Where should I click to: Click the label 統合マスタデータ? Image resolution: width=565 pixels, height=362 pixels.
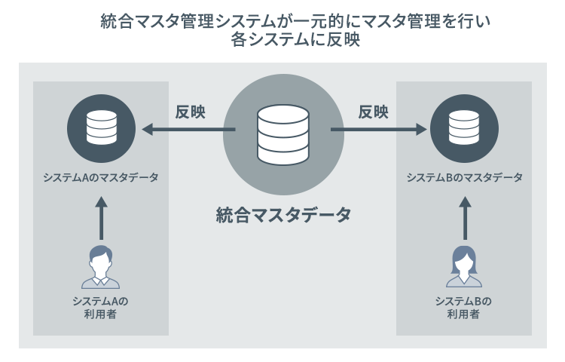(x=282, y=215)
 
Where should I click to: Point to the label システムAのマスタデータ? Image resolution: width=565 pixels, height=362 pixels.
(x=101, y=178)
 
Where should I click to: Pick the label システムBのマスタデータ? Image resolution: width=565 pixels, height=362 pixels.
(x=464, y=178)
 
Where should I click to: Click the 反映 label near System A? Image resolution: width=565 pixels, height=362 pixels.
(x=191, y=112)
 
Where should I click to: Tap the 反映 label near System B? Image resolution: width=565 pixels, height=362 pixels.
(x=374, y=112)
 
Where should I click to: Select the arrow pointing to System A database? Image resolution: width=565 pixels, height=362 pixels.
(x=188, y=130)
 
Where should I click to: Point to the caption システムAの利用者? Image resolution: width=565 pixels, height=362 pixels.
(x=101, y=307)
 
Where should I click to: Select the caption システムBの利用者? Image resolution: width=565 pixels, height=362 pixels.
(x=464, y=307)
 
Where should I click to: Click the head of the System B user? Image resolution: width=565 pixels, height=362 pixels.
(x=464, y=259)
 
